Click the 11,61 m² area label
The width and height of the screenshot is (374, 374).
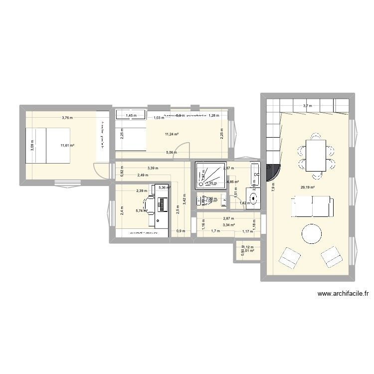[67, 146]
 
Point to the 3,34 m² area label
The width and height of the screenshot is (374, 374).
[229, 225]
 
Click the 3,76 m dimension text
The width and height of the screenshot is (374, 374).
[67, 118]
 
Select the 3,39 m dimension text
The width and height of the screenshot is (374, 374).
[154, 168]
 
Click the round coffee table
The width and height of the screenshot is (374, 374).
[312, 234]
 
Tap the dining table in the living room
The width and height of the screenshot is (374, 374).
[315, 156]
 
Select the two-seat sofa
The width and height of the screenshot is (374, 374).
[312, 206]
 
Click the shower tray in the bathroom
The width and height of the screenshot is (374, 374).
[210, 176]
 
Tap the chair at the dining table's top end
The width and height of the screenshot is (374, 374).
[315, 136]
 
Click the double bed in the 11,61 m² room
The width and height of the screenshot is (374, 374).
[48, 145]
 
